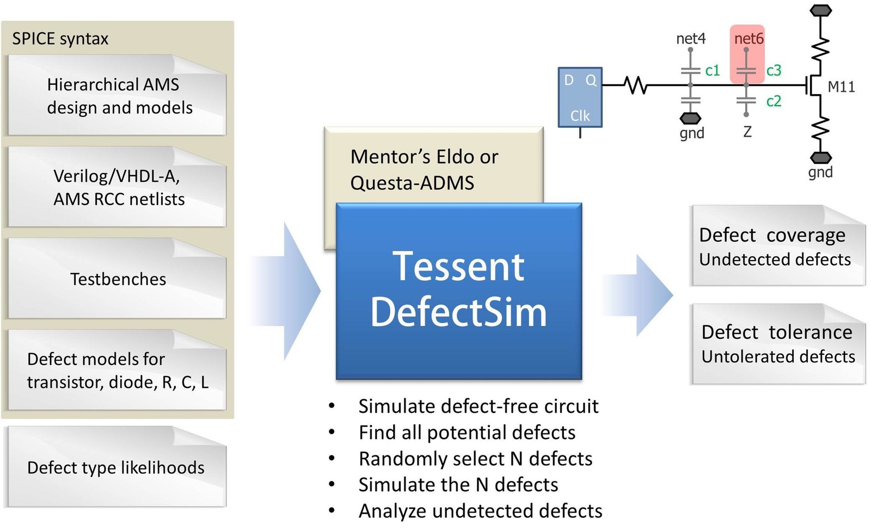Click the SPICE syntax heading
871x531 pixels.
(60, 39)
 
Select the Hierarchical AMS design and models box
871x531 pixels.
(117, 96)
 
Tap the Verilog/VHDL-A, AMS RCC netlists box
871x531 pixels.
(117, 187)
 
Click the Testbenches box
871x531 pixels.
(117, 279)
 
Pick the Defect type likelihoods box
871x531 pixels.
(116, 467)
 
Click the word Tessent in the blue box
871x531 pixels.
(458, 267)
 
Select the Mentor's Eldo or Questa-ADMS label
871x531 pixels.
(424, 169)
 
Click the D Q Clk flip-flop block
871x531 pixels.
(580, 97)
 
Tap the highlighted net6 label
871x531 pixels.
(749, 39)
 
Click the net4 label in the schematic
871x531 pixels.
(690, 39)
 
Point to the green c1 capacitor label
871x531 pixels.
(712, 70)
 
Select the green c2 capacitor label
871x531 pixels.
(773, 101)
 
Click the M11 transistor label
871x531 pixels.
(841, 87)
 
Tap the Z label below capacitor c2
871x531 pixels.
(747, 132)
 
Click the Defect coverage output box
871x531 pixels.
(777, 246)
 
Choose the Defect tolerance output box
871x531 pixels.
(777, 344)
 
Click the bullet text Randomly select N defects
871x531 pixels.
(475, 459)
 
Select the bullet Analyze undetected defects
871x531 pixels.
(480, 511)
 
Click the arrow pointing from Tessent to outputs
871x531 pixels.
(642, 295)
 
